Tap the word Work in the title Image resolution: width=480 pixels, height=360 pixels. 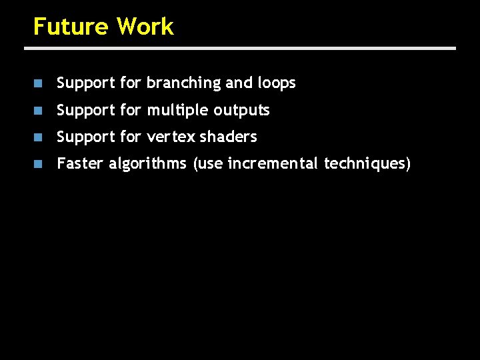[x=145, y=27]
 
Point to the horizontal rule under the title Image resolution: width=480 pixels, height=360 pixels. [x=240, y=48]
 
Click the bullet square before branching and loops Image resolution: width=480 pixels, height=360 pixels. [x=39, y=83]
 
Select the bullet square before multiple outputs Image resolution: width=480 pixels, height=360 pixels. [x=39, y=110]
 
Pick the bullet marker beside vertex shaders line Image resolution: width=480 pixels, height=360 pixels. [x=39, y=137]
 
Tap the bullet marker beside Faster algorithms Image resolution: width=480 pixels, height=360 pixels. [x=39, y=163]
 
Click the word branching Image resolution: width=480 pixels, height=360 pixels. [x=183, y=83]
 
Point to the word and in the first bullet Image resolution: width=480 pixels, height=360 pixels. [x=239, y=83]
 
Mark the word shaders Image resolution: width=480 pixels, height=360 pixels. [x=228, y=137]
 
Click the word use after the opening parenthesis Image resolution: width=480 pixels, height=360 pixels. [x=210, y=163]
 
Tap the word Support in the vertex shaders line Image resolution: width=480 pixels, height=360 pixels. [x=86, y=137]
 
